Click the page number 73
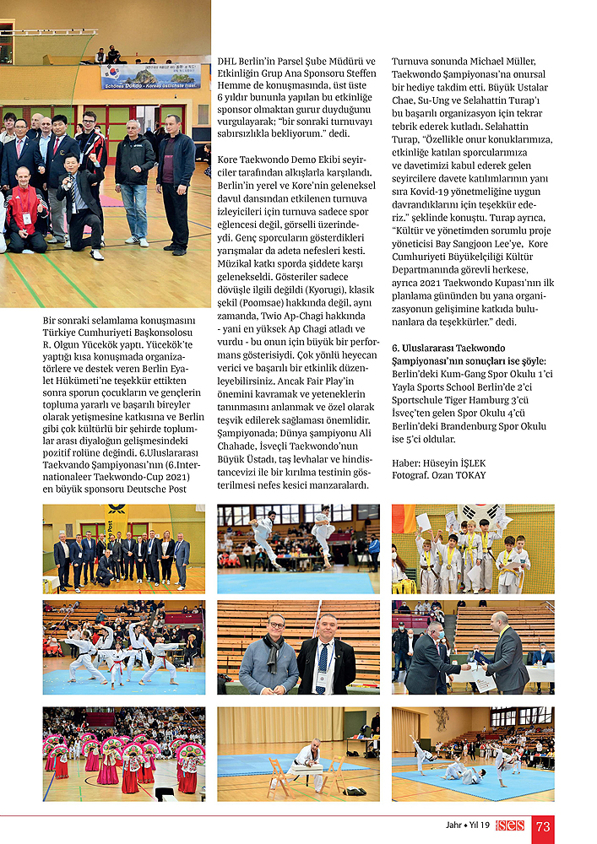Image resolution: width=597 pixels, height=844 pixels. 543,826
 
